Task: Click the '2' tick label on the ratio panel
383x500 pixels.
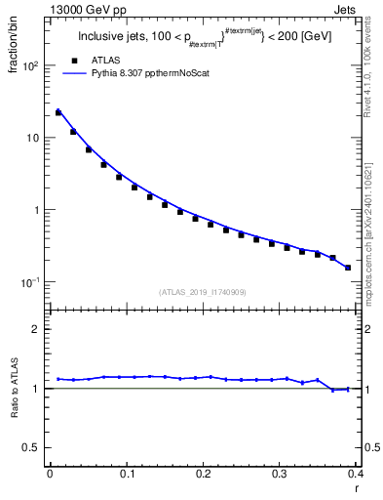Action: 36,329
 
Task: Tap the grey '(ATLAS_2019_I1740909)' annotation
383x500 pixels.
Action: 202,292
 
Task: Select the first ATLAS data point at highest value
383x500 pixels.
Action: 57,112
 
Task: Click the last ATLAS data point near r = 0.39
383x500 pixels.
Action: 348,268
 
